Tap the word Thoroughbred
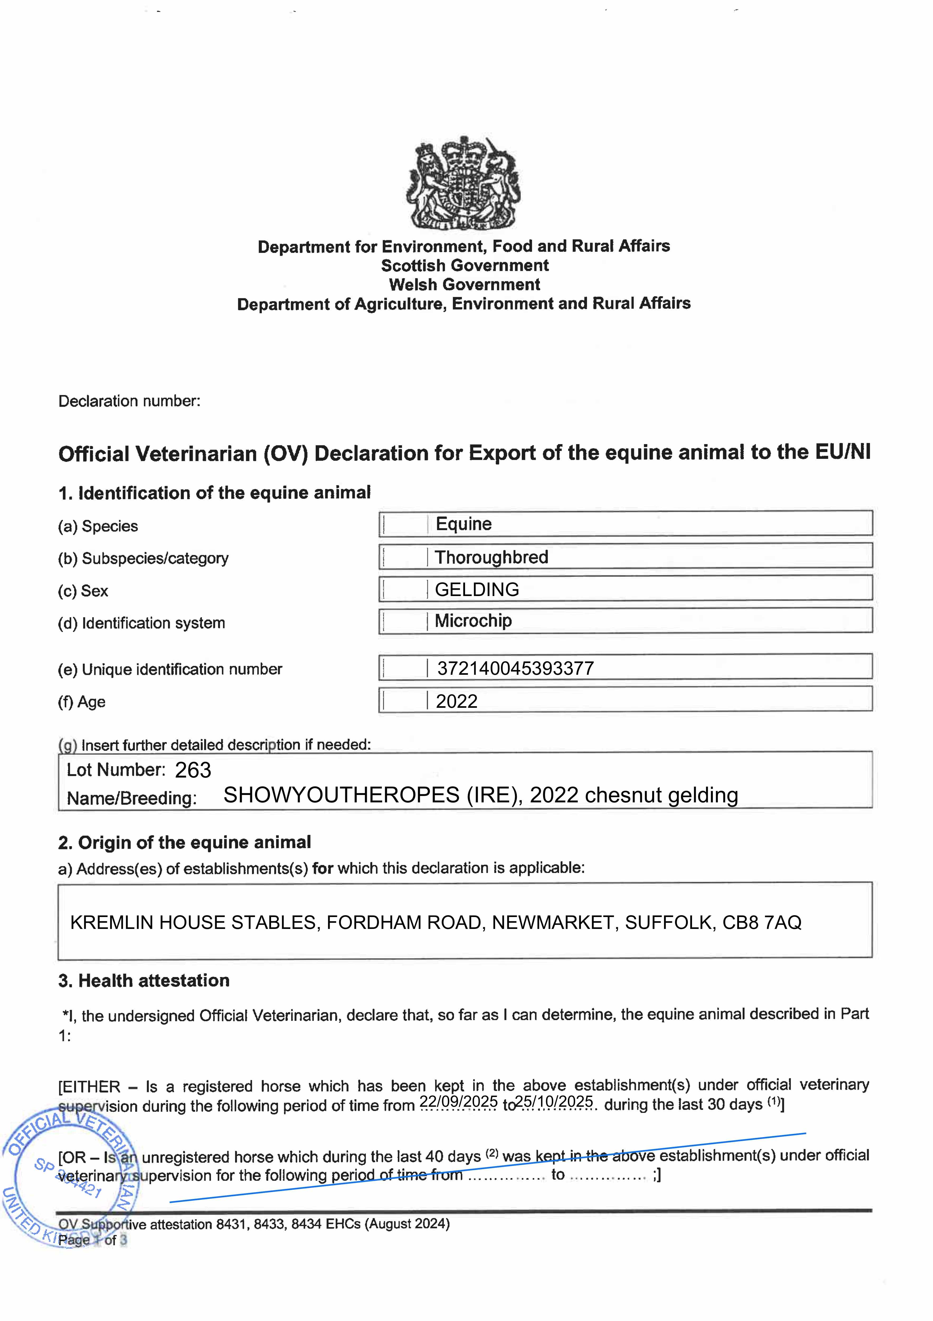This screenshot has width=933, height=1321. click(491, 557)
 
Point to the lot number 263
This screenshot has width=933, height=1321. click(193, 770)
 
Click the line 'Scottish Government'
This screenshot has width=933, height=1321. click(465, 266)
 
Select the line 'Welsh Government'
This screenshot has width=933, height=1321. click(465, 285)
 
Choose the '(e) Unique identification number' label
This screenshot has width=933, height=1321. click(170, 670)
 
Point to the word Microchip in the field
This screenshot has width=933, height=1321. click(473, 621)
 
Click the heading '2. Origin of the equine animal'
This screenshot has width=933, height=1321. click(184, 843)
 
